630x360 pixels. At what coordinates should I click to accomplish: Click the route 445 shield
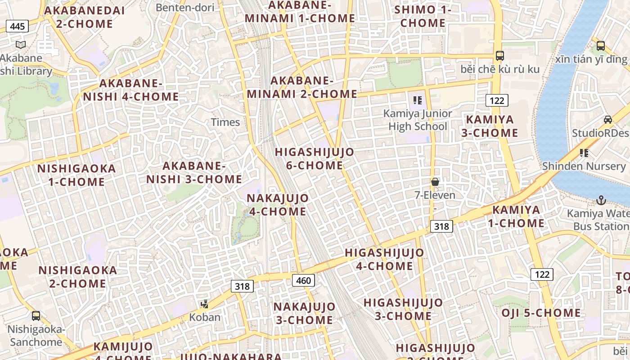click(x=17, y=27)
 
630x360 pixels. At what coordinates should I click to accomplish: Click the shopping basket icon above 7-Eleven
click(x=435, y=182)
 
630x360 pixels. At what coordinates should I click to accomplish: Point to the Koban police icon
click(x=205, y=304)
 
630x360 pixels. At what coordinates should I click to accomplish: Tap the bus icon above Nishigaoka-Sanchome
click(x=36, y=316)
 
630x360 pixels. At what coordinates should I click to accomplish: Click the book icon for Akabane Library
click(x=21, y=45)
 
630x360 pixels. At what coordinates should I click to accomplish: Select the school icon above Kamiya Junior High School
click(x=418, y=100)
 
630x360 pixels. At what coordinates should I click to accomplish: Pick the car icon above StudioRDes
click(x=607, y=120)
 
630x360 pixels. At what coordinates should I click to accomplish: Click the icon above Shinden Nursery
click(x=584, y=153)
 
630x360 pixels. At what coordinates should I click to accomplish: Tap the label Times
click(x=225, y=122)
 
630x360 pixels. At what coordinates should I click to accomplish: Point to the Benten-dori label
click(x=184, y=7)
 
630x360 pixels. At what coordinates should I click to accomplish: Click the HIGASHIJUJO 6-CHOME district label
click(x=315, y=159)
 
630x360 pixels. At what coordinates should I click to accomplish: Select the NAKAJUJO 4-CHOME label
click(x=278, y=205)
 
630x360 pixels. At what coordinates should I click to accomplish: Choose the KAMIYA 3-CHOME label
click(x=490, y=126)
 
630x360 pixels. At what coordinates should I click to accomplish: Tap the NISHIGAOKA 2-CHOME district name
click(x=72, y=277)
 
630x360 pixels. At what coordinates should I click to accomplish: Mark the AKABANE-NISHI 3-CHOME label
click(x=194, y=172)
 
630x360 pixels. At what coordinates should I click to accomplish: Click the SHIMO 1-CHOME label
click(x=423, y=16)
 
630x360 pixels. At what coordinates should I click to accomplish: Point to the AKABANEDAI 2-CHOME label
click(x=85, y=17)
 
